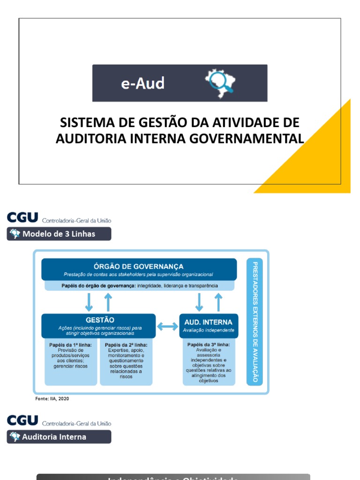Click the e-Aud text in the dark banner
point(142,84)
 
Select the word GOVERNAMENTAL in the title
point(252,139)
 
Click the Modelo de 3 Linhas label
point(59,234)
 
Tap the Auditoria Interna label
point(54,437)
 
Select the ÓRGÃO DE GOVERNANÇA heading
point(139,267)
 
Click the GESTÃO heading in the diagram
point(99,320)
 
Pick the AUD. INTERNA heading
point(209,322)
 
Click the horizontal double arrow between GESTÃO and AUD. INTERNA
point(167,327)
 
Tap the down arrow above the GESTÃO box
point(89,302)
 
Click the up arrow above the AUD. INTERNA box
point(218,302)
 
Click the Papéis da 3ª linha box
point(209,362)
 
